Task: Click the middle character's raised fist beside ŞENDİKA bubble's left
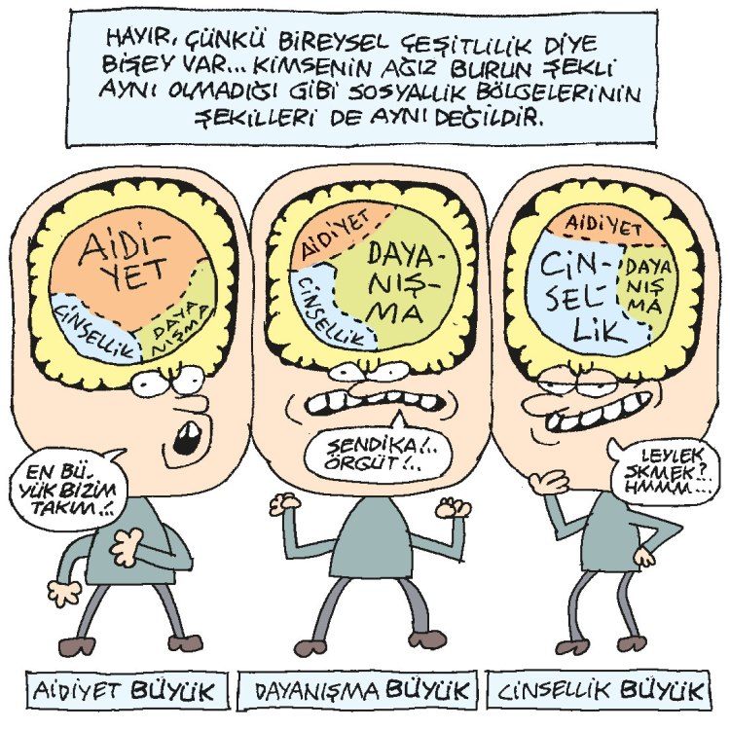pos(283,504)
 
